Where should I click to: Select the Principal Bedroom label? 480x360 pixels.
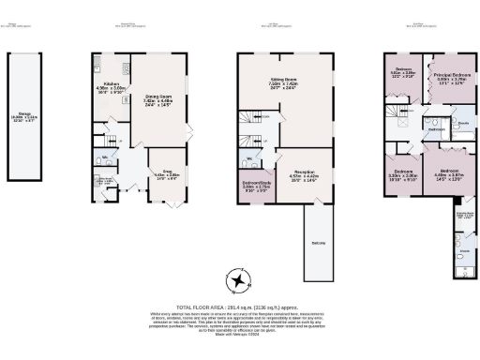pos(452,76)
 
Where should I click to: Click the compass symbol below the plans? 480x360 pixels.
pos(240,280)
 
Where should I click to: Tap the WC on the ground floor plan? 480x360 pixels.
pos(105,158)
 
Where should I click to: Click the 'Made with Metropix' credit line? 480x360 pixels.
pos(240,335)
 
